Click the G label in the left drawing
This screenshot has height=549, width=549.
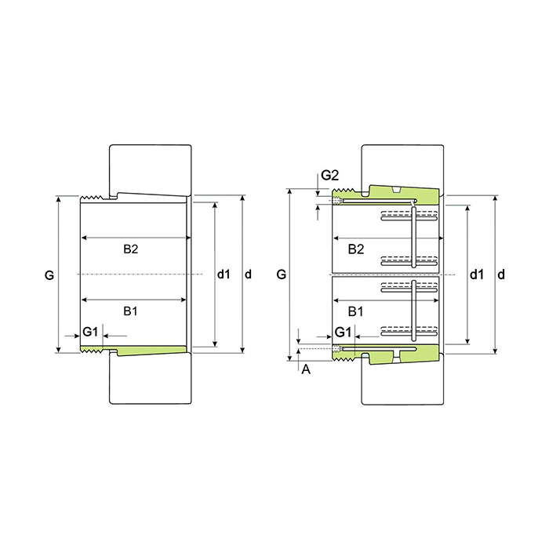49,275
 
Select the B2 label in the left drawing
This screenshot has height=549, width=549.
131,249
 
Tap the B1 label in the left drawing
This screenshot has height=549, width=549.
130,311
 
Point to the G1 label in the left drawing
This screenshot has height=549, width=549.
90,331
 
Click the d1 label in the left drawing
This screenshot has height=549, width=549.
224,274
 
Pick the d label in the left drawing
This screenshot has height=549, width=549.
248,274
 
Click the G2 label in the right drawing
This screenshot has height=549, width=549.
330,175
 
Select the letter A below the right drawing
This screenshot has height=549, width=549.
306,369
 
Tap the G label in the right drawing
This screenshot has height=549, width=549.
282,274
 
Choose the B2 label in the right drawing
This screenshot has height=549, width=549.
356,249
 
